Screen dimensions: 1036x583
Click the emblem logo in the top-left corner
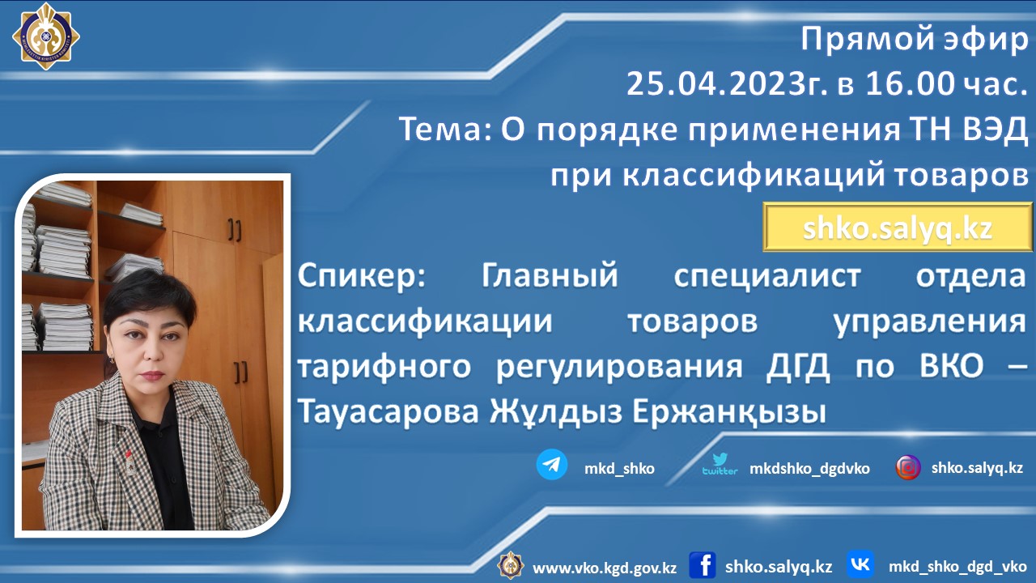[46, 36]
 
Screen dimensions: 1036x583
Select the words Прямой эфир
[915, 40]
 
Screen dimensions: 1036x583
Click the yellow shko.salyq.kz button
[898, 228]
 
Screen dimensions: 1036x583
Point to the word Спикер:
[361, 277]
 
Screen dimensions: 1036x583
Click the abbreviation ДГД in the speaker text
[798, 368]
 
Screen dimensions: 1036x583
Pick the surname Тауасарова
[388, 411]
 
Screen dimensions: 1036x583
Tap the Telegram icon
[552, 464]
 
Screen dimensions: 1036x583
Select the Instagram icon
[908, 467]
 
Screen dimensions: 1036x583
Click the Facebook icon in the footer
[703, 565]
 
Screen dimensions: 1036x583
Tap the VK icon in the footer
[860, 564]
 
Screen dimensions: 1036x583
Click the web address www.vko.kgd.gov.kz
[605, 568]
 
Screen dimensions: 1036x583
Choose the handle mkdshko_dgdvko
[809, 469]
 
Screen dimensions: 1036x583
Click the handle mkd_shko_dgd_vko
[957, 567]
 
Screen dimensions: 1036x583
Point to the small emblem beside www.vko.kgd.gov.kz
[510, 565]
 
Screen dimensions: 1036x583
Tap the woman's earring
[112, 359]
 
